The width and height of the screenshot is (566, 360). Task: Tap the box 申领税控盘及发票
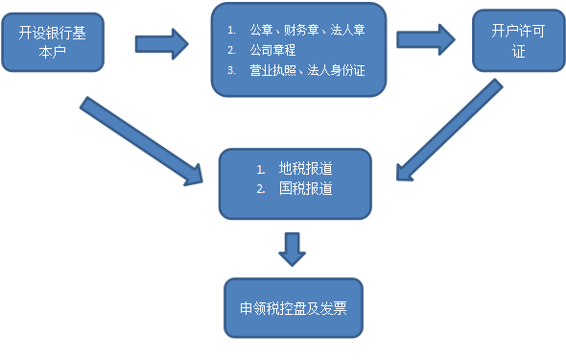click(x=293, y=308)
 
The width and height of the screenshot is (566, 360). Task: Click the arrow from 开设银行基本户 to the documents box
click(x=161, y=42)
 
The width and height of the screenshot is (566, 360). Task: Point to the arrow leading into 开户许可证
click(x=426, y=39)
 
